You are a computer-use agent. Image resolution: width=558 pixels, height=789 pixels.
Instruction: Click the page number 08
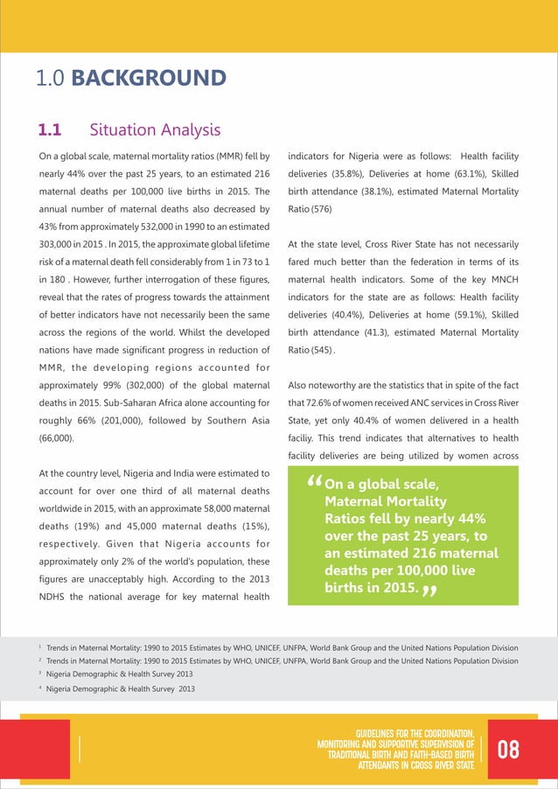(508, 750)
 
